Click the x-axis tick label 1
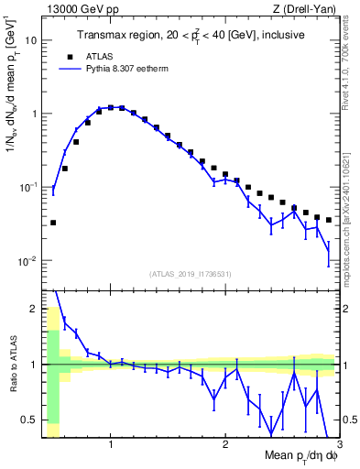pos(111,445)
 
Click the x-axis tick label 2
pos(225,445)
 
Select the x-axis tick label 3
pos(338,445)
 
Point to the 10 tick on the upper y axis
pos(31,40)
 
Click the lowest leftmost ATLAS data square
pos(53,223)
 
